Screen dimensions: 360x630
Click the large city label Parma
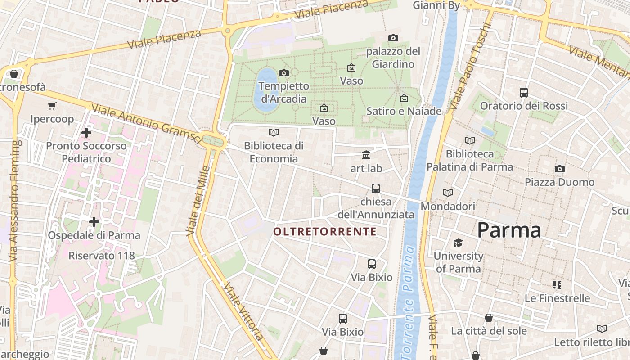click(509, 230)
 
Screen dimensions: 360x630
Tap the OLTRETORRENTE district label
click(325, 232)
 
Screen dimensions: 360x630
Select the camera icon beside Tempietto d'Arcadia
click(284, 73)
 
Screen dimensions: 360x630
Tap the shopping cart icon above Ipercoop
click(52, 106)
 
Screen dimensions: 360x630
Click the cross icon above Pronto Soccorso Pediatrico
click(86, 133)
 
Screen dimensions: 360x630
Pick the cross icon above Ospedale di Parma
click(94, 222)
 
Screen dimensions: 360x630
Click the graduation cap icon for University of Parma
click(458, 243)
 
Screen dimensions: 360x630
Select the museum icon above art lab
click(366, 155)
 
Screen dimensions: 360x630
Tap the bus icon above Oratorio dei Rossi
click(523, 93)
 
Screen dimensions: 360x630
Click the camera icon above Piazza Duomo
click(559, 169)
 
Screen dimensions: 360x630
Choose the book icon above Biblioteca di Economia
click(273, 132)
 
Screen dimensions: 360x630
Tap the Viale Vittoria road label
click(243, 311)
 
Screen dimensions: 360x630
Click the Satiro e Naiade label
click(404, 111)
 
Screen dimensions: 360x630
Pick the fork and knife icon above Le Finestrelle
click(557, 284)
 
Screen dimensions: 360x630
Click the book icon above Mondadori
click(448, 193)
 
